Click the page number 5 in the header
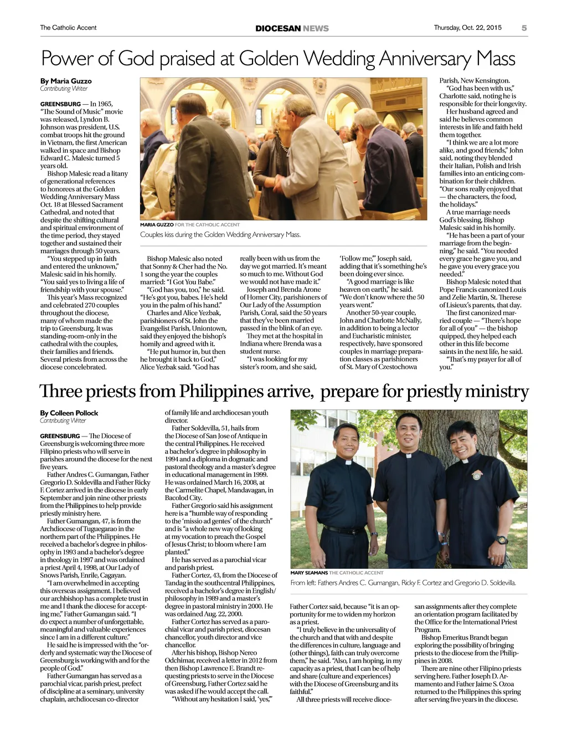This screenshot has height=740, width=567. [524, 28]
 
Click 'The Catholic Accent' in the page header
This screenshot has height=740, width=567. [68, 28]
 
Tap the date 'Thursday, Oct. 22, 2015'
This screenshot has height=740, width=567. [467, 28]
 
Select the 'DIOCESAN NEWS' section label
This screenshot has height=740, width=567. [292, 28]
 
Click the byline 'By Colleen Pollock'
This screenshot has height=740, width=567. [69, 413]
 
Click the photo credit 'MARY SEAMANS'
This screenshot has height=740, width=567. [309, 573]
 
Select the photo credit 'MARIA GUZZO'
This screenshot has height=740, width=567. [157, 225]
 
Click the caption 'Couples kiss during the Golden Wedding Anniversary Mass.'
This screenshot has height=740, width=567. [220, 234]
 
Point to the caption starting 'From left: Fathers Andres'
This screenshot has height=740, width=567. [403, 583]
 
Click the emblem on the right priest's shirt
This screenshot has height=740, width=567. [476, 475]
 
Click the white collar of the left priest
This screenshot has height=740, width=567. [348, 461]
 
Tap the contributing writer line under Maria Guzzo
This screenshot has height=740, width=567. [64, 89]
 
